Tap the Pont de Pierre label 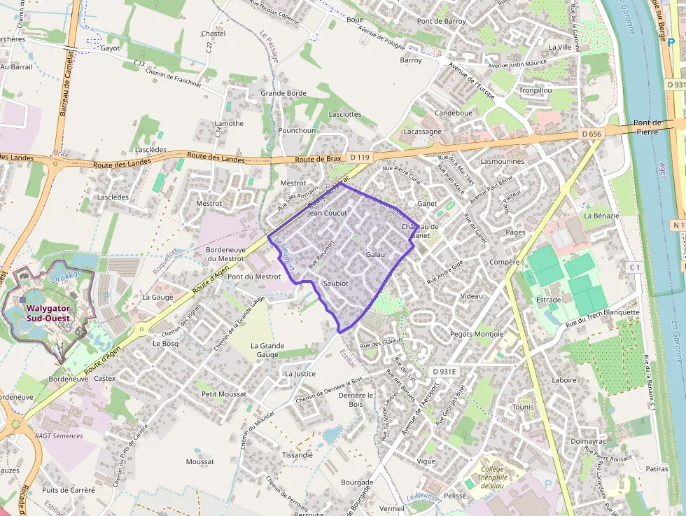tap(647, 127)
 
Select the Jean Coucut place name tap(328, 212)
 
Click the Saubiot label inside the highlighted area tap(336, 283)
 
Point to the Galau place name tap(376, 254)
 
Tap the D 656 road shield tap(591, 134)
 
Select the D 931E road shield tap(444, 371)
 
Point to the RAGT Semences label tap(59, 435)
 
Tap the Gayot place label tap(110, 48)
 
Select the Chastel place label tap(213, 34)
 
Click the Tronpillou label tap(535, 90)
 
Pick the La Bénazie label tap(601, 216)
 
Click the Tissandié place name tap(297, 454)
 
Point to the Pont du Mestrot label tap(254, 277)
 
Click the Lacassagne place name tap(423, 131)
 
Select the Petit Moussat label tap(223, 394)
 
